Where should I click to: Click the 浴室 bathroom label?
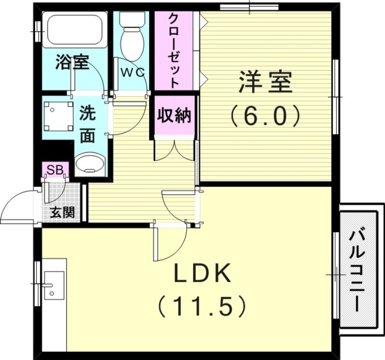click(x=72, y=62)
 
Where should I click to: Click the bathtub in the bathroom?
click(x=76, y=31)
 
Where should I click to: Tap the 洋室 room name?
click(x=265, y=83)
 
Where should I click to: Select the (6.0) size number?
click(x=265, y=115)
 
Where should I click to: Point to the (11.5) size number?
click(x=202, y=305)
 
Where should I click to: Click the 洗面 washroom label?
click(x=88, y=124)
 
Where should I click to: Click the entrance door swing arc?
click(x=17, y=205)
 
